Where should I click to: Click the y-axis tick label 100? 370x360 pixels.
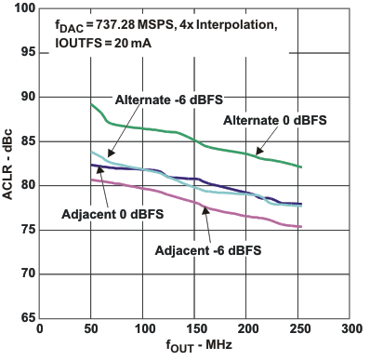click(x=21, y=9)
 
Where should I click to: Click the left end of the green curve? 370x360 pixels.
click(x=91, y=105)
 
